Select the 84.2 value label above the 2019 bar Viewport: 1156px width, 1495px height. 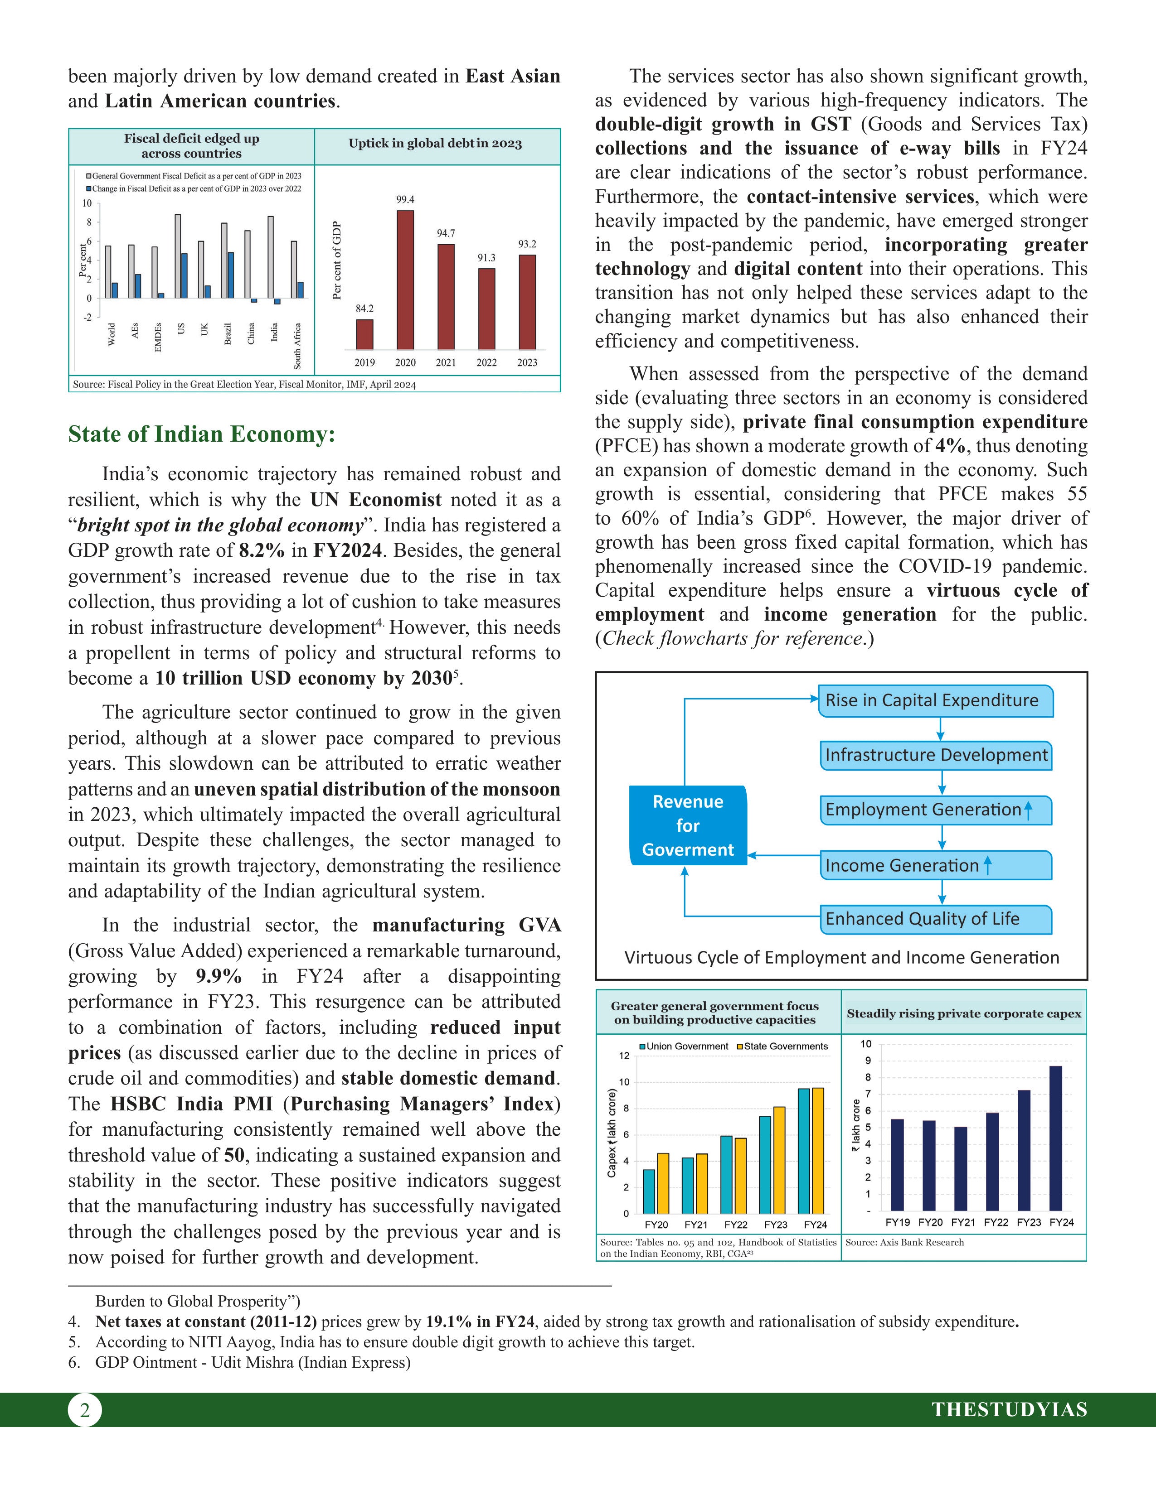coord(364,309)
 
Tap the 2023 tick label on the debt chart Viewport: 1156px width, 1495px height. coord(527,363)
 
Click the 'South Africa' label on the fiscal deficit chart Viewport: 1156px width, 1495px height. coord(297,346)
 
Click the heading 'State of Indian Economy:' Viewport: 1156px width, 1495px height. coord(201,434)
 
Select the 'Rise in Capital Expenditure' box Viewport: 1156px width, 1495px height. coord(935,701)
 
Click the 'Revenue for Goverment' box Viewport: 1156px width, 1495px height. coord(688,825)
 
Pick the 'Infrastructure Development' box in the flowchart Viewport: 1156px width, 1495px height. coord(936,756)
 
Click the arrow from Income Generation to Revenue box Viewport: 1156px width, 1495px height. coord(784,856)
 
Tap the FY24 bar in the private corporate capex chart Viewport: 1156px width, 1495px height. coord(1055,1138)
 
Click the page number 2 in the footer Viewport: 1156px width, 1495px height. coord(84,1410)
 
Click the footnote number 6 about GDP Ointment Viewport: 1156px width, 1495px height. coord(73,1362)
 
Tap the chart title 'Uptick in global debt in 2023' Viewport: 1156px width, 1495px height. coord(435,144)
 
